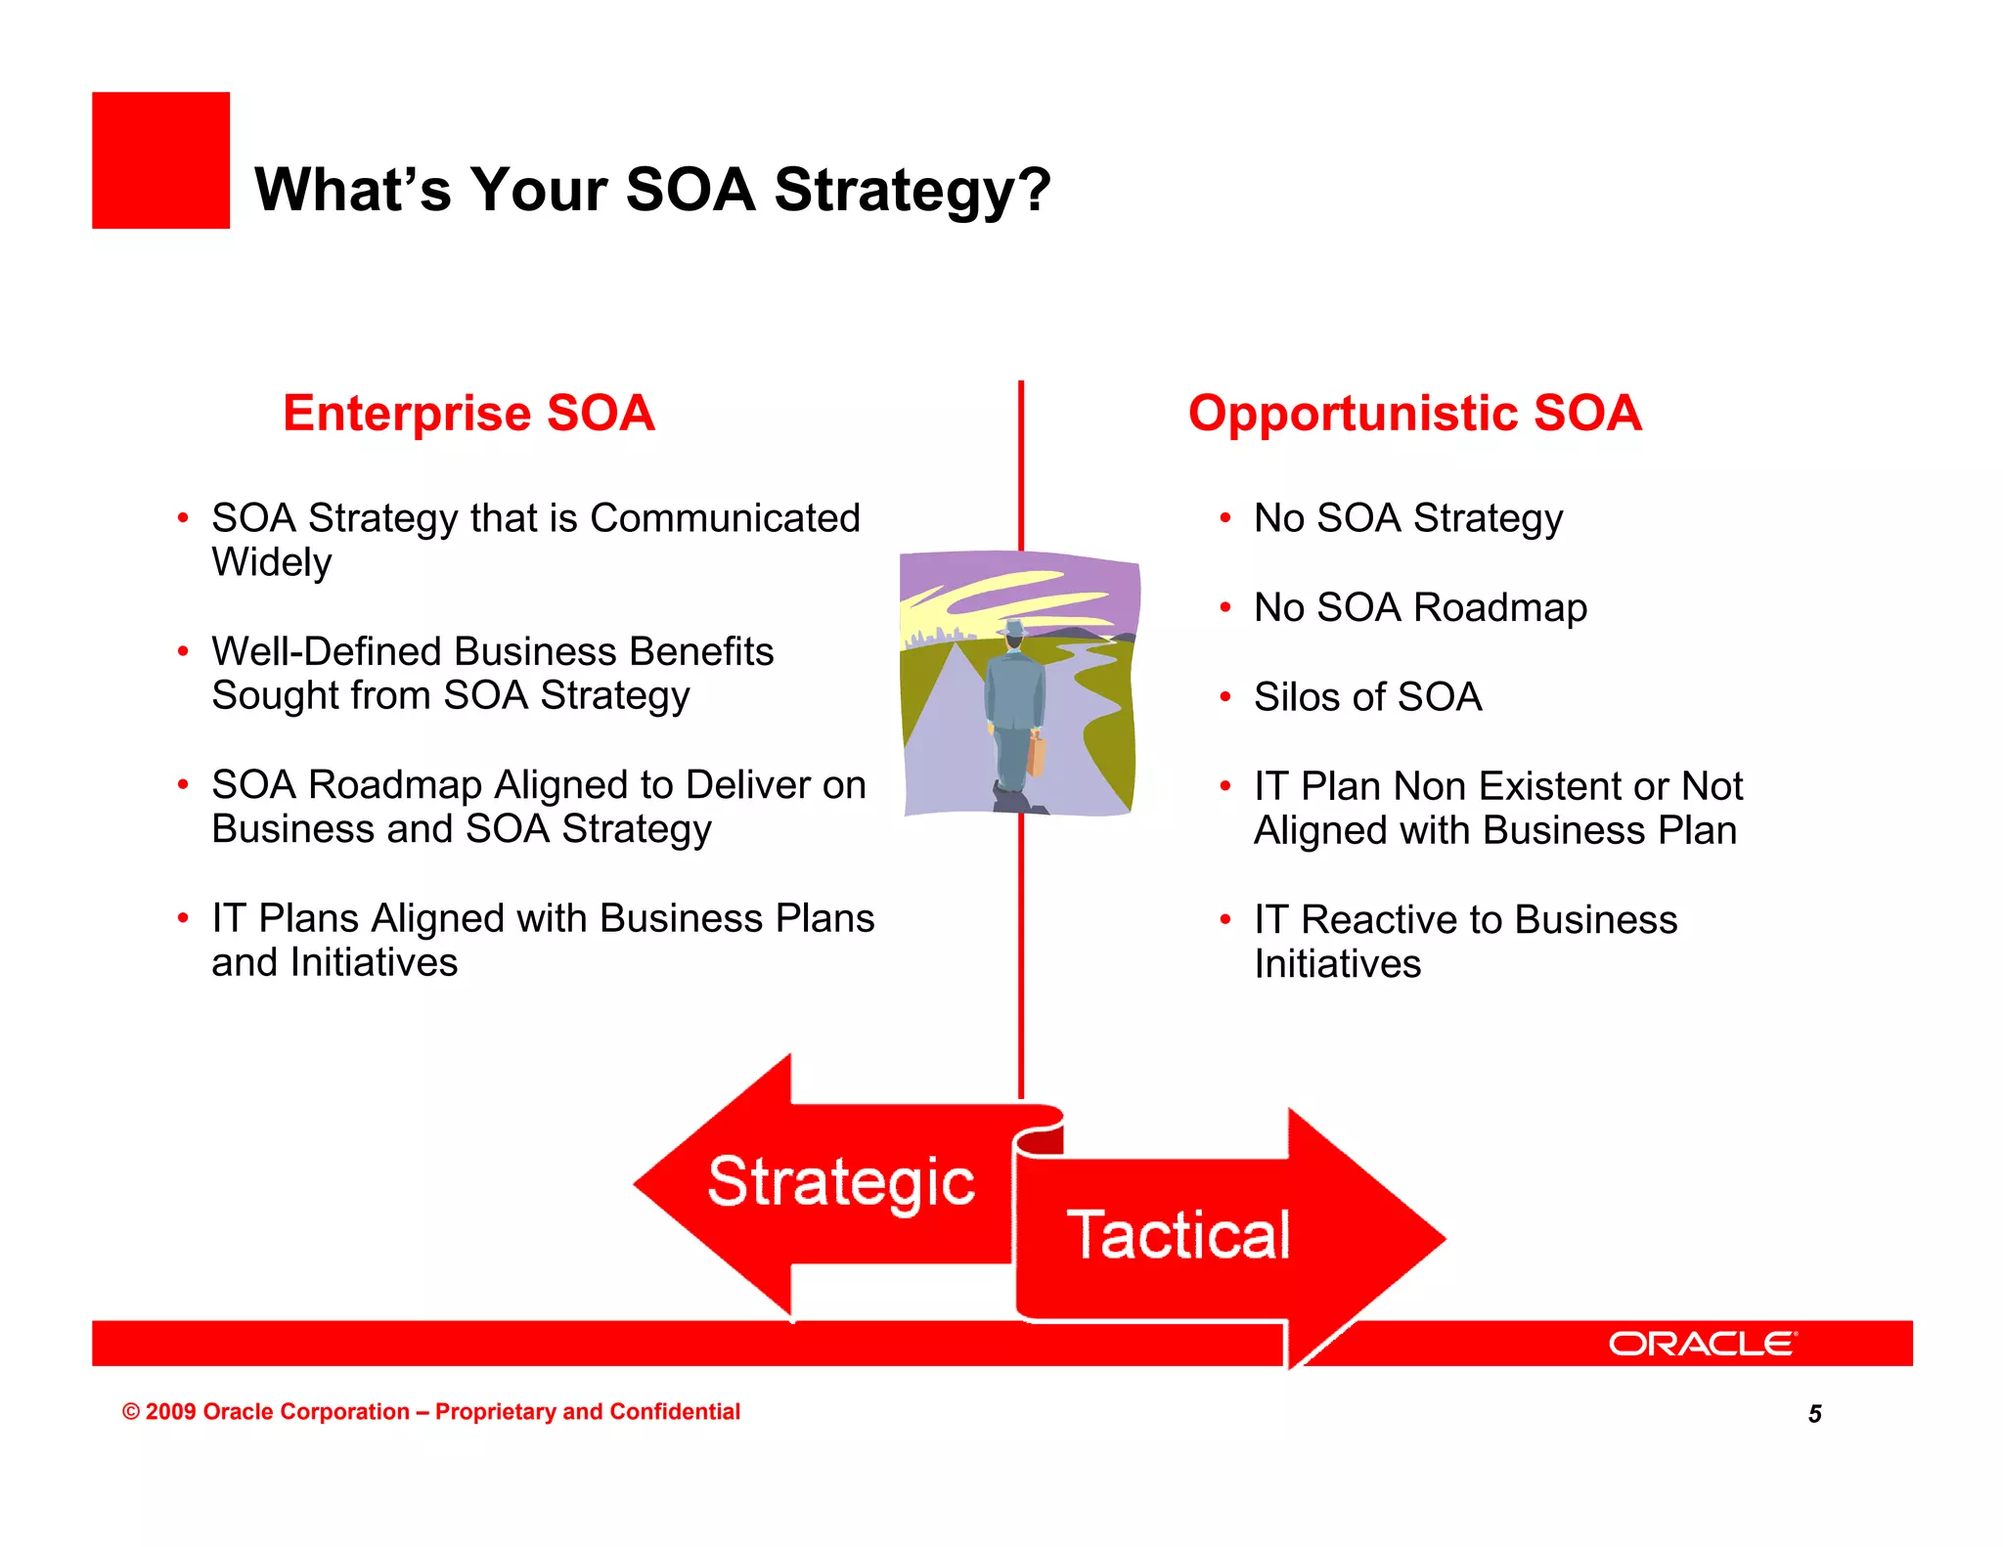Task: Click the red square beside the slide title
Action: tap(160, 160)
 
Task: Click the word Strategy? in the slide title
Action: tap(912, 190)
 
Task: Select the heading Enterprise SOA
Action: tap(468, 413)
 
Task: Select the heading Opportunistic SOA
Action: tap(1414, 413)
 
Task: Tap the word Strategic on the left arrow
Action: tap(841, 1182)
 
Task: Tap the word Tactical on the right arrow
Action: tap(1179, 1235)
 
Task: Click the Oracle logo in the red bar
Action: tap(1702, 1344)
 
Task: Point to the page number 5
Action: tap(1814, 1414)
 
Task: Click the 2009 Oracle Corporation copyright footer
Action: tap(430, 1411)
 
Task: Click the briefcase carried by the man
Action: tap(1036, 754)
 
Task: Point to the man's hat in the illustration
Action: tap(1014, 628)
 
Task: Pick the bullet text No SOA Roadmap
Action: tap(1420, 607)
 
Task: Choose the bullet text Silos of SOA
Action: tap(1367, 697)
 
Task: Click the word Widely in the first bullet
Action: tap(272, 562)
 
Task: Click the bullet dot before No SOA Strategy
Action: tap(1224, 518)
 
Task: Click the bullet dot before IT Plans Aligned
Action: tap(183, 918)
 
